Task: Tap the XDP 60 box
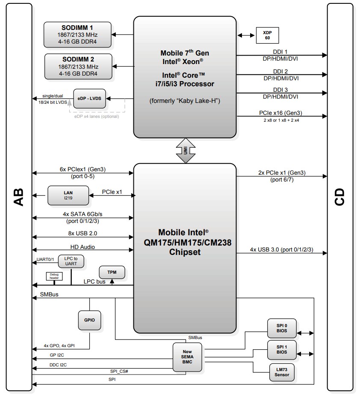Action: point(266,35)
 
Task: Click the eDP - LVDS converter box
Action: point(89,99)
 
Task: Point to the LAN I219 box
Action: point(68,196)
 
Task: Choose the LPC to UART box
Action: point(71,261)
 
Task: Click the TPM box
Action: point(112,272)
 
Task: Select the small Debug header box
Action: point(54,277)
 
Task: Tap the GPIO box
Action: point(89,320)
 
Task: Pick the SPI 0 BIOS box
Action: point(281,328)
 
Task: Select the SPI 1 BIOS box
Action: point(281,349)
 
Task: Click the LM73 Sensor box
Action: point(281,372)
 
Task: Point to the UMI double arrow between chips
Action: point(185,151)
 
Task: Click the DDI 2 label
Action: point(280,71)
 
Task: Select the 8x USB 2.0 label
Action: point(83,233)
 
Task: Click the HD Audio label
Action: point(83,247)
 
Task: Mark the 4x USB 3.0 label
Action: point(281,249)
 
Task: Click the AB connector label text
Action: point(19,197)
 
